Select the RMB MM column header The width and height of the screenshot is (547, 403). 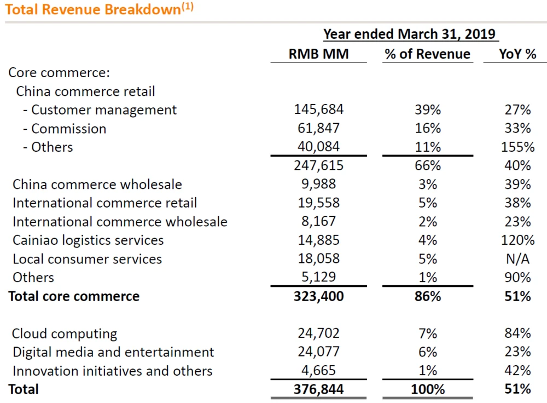click(318, 54)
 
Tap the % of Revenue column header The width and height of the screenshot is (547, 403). click(427, 54)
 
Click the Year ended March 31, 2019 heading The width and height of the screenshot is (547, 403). click(409, 34)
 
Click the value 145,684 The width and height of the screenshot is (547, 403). click(318, 110)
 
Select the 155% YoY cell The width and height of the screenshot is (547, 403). click(517, 147)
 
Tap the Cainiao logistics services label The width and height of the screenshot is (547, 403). click(88, 240)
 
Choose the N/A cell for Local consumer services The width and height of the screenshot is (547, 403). click(517, 258)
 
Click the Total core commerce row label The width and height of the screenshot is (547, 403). click(74, 296)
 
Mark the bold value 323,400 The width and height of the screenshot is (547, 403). click(318, 296)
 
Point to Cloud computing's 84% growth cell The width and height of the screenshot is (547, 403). click(517, 333)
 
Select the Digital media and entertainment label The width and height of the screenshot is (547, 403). click(113, 352)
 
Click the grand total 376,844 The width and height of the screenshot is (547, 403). click(318, 389)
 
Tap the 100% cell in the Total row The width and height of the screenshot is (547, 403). click(427, 389)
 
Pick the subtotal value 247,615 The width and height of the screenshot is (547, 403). click(318, 165)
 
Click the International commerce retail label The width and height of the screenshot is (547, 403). click(104, 203)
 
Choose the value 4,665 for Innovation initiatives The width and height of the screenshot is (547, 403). click(321, 371)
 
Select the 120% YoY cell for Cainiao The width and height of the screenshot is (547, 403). click(517, 240)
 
